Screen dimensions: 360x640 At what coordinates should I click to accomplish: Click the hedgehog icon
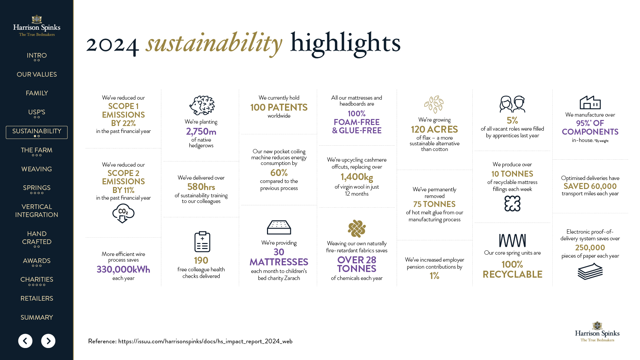(x=202, y=105)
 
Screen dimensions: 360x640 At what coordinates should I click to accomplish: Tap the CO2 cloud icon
(x=123, y=213)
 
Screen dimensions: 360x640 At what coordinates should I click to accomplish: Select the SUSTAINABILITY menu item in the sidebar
(x=37, y=132)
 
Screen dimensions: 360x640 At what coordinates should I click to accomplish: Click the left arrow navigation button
(x=25, y=341)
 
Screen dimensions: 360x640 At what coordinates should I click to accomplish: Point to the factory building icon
(x=590, y=102)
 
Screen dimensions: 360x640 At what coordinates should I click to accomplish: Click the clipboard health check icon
(x=202, y=242)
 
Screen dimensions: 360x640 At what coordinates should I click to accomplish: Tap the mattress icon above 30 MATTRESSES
(x=279, y=227)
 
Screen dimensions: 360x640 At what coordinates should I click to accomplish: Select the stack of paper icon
(x=590, y=271)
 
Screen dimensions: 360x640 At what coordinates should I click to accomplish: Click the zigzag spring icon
(x=512, y=240)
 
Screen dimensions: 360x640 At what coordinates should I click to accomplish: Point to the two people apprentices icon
(x=512, y=104)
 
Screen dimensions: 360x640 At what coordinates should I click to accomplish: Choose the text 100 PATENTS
(x=279, y=107)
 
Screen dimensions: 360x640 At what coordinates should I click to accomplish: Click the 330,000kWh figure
(x=123, y=269)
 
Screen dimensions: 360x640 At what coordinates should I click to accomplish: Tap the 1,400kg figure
(x=357, y=177)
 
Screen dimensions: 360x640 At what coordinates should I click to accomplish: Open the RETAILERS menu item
(x=37, y=298)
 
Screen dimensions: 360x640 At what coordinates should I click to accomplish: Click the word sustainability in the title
(x=214, y=43)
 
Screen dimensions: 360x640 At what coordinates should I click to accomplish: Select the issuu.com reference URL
(x=205, y=341)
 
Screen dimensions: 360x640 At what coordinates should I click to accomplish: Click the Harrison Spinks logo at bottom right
(x=597, y=332)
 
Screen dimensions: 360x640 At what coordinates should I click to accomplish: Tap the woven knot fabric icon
(x=357, y=229)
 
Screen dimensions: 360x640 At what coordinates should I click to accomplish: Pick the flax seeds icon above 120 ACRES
(x=434, y=104)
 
